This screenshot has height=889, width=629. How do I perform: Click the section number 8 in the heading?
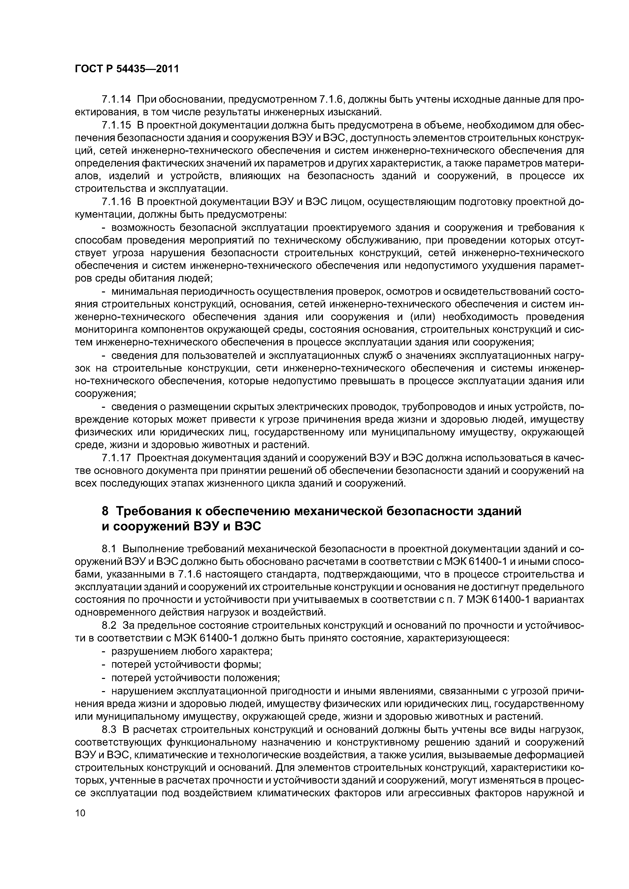105,511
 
